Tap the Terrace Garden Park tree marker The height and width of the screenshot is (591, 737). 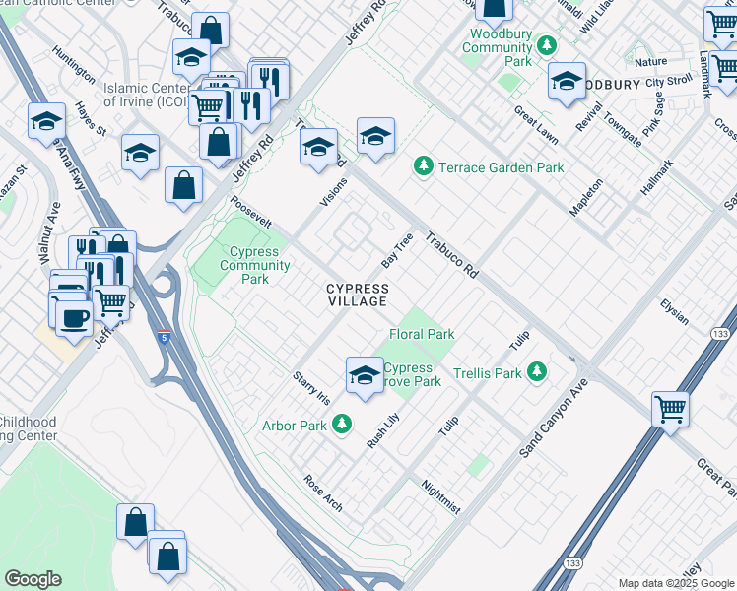(423, 167)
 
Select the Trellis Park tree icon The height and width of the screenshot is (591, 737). (536, 373)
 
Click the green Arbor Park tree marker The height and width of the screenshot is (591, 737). (341, 425)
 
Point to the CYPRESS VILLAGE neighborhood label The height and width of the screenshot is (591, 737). (358, 295)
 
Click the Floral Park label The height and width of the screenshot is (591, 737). (422, 334)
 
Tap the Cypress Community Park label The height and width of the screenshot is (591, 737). (254, 265)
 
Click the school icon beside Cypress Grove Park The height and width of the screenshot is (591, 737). (365, 375)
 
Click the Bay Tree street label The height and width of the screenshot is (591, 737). (396, 252)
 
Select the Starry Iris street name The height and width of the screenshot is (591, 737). (310, 388)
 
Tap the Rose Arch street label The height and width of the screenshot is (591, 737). (323, 494)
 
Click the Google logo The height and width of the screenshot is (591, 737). (33, 579)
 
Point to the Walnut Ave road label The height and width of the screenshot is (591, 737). (50, 232)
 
